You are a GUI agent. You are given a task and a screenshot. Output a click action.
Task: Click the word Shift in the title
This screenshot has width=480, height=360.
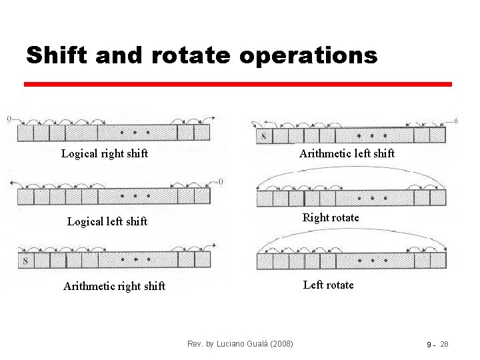56,55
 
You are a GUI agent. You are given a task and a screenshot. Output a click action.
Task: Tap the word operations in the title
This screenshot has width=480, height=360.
308,56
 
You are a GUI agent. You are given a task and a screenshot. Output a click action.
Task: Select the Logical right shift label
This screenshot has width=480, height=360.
105,153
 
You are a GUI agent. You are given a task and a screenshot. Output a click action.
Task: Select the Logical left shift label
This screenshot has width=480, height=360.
107,221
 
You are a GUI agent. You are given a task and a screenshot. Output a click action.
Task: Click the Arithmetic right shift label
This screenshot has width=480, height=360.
114,286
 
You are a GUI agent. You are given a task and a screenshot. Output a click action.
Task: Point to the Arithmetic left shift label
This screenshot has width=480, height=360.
347,153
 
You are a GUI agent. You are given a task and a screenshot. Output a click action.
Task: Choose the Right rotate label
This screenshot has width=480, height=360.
331,217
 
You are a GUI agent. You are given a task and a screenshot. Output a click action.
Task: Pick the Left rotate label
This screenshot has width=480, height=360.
328,285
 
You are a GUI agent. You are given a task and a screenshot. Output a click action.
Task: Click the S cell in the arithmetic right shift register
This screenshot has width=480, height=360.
25,261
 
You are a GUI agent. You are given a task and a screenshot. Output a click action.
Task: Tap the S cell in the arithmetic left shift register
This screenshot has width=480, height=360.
263,137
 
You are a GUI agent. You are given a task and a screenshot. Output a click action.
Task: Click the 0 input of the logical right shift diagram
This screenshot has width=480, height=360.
9,119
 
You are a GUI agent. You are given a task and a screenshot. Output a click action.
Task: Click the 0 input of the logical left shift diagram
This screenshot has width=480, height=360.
220,181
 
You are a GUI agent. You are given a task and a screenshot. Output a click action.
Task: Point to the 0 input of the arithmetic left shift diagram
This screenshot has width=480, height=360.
455,121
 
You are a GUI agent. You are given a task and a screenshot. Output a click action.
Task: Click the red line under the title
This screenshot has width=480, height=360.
238,84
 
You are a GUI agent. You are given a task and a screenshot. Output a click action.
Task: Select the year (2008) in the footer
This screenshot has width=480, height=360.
280,344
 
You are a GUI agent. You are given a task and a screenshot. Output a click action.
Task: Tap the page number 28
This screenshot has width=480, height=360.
445,344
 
